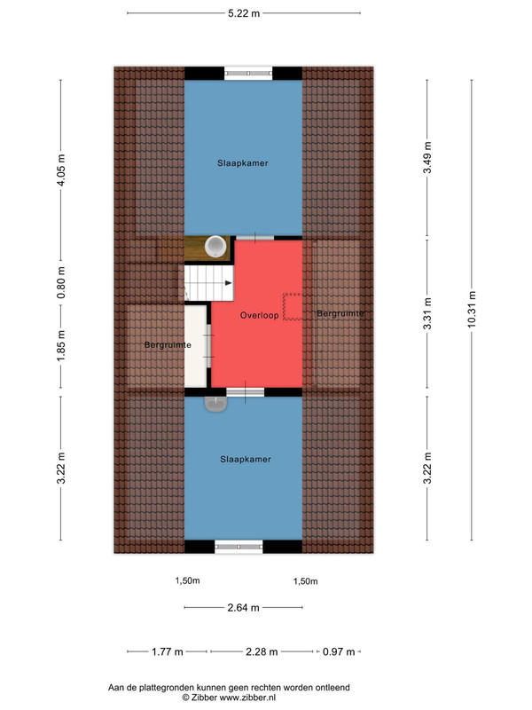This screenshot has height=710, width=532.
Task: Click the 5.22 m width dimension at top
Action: click(x=244, y=13)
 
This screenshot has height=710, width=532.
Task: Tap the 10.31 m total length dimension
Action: click(x=472, y=309)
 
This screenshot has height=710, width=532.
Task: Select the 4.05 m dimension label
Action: click(x=61, y=170)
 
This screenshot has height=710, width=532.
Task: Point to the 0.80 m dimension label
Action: click(x=61, y=282)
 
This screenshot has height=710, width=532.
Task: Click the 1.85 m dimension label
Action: click(x=61, y=346)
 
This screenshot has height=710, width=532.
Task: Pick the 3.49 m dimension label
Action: click(x=427, y=157)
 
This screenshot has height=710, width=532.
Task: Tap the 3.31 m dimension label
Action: click(x=427, y=313)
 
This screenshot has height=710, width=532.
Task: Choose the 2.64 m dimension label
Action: click(x=243, y=608)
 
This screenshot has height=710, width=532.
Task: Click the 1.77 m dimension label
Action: click(x=168, y=651)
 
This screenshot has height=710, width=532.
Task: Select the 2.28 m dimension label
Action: click(x=262, y=651)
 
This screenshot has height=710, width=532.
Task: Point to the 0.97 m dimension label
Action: click(x=339, y=651)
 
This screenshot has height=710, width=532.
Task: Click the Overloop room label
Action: click(x=259, y=315)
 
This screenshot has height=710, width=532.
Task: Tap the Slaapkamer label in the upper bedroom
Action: click(x=242, y=163)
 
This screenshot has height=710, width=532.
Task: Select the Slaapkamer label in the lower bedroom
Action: click(x=246, y=459)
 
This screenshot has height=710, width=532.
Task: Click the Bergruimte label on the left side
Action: click(x=168, y=345)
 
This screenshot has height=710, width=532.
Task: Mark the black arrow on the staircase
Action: click(x=229, y=283)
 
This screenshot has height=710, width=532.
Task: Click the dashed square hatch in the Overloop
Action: click(x=292, y=306)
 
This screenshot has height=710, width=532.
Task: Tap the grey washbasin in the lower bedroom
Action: click(x=215, y=404)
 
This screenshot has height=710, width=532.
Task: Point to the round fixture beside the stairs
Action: click(x=215, y=247)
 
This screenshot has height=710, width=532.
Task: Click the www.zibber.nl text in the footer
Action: click(x=247, y=698)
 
